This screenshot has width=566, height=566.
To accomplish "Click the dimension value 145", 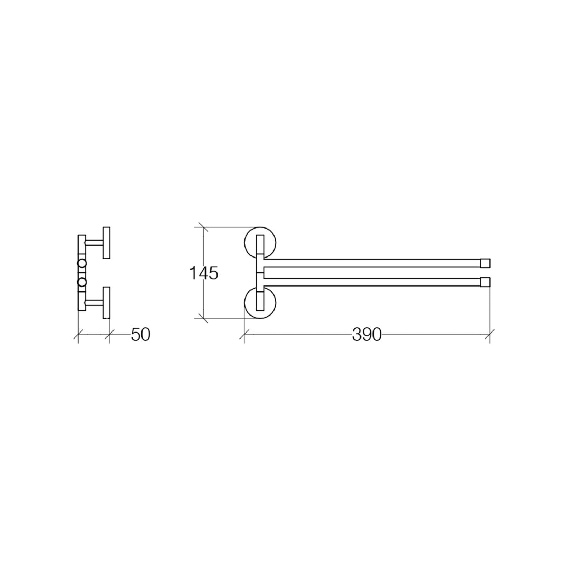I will point(204,273).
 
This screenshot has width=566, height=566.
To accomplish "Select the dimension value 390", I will point(367,334).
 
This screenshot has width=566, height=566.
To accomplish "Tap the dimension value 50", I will point(140,334).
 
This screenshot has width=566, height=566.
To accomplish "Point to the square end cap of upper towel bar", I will point(485,263).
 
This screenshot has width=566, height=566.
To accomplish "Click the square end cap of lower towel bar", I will point(485,282).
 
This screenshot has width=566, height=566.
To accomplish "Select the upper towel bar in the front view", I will point(371,263).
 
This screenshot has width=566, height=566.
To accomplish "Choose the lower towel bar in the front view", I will point(371,282).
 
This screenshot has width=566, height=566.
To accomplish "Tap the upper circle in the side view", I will point(82,263).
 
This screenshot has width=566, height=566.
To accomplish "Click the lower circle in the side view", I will point(82,282).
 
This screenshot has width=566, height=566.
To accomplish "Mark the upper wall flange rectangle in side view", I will point(106,243).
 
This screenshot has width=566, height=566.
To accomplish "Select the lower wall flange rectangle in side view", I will point(106,302).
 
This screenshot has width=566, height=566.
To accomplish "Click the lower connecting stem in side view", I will point(94,302).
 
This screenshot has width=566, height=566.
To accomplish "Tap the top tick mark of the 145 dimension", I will point(203,227).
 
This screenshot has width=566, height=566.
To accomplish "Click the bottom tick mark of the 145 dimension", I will point(203,318).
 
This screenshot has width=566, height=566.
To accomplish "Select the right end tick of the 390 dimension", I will point(490,334).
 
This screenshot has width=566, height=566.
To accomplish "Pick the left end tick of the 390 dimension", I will point(244,334).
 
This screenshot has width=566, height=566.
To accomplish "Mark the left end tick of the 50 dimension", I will point(78,334).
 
